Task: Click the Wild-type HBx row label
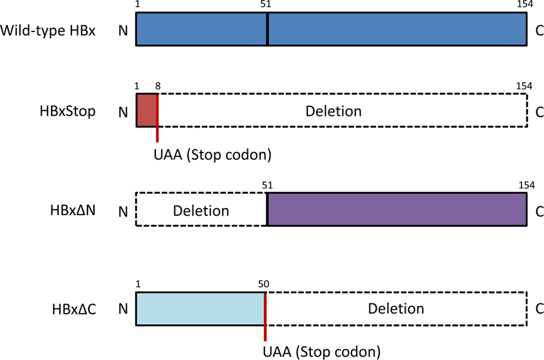48,30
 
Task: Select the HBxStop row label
66,111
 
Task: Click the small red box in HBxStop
146,109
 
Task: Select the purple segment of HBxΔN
397,209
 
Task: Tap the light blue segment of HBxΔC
200,308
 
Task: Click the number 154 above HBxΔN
526,185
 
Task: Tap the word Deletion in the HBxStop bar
333,111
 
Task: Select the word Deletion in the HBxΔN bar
201,211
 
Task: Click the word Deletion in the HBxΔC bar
396,309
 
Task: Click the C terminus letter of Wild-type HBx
539,30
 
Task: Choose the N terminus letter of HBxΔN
122,211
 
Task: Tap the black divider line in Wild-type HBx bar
267,30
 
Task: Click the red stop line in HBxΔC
265,316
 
